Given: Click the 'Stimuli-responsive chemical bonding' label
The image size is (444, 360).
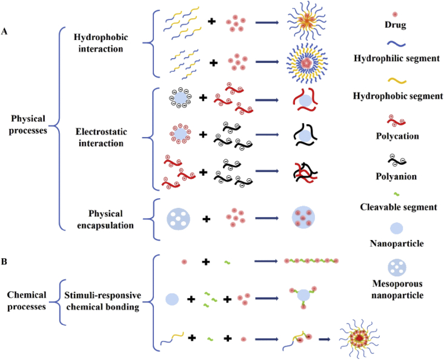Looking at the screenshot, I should click(x=102, y=301).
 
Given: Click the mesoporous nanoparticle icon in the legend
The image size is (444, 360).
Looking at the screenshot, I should click(x=396, y=271).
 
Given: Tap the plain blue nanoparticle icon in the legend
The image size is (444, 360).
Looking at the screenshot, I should click(x=396, y=228).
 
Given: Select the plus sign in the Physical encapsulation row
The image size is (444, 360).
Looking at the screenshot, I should click(x=207, y=218).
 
